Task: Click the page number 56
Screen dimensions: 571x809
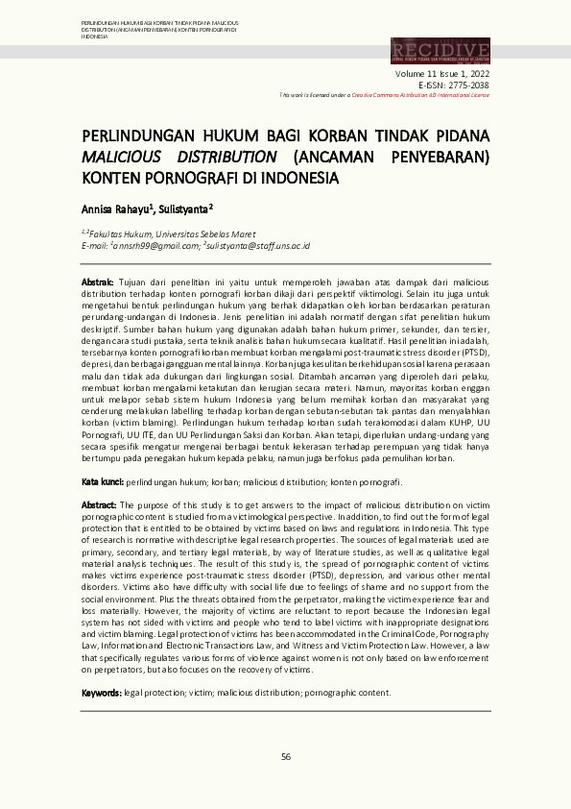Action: [285, 757]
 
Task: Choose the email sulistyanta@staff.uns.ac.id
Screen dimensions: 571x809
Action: [257, 246]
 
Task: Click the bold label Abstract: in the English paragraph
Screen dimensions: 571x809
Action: [99, 504]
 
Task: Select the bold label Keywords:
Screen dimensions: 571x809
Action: [101, 692]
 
